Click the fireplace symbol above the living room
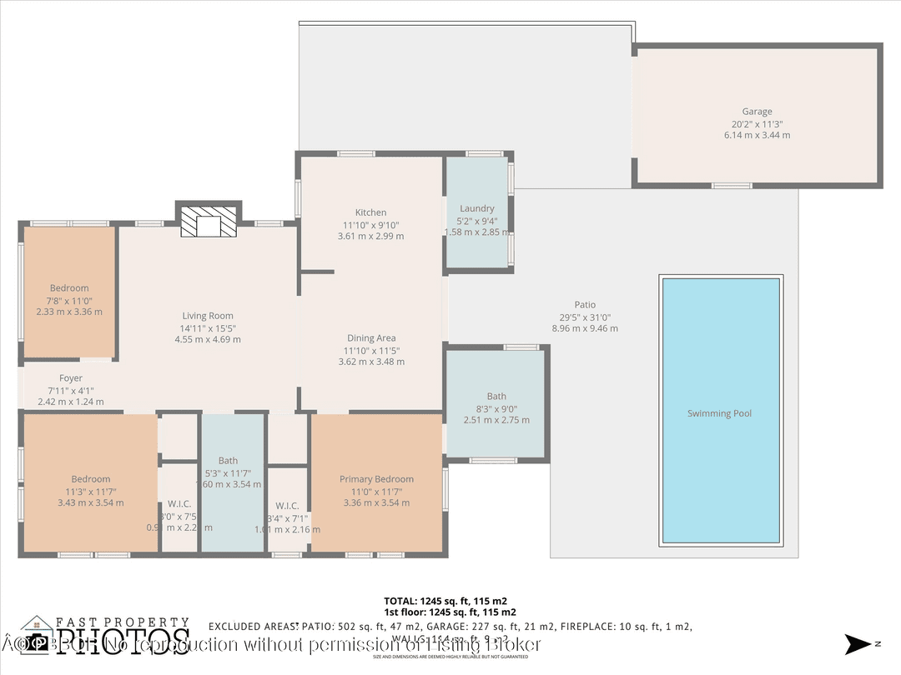tap(208, 223)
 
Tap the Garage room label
tap(757, 112)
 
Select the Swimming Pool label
tap(719, 413)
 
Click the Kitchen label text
tap(370, 212)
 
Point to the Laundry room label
tap(477, 208)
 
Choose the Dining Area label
tap(371, 338)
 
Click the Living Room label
tap(208, 316)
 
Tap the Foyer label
tap(71, 378)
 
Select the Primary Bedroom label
tap(376, 479)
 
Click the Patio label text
tap(585, 305)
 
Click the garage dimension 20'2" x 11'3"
tap(757, 123)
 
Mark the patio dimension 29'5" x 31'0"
tap(585, 317)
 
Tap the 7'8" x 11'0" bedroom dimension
tap(69, 300)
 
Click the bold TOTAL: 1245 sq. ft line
tap(445, 600)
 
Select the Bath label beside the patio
tap(496, 397)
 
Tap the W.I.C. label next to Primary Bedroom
tap(287, 506)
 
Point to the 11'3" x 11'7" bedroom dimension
tap(90, 491)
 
